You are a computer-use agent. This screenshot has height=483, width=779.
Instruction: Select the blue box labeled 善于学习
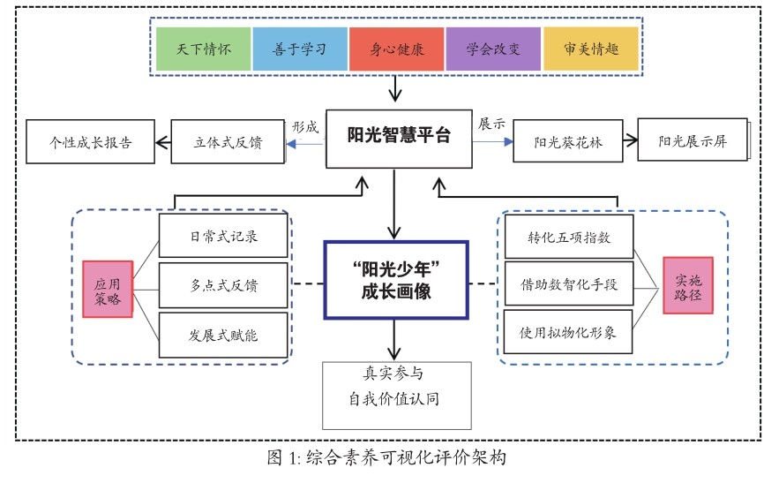click(300, 49)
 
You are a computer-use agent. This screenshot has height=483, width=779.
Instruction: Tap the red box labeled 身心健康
click(396, 49)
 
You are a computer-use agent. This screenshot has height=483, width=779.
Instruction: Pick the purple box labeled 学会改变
click(492, 49)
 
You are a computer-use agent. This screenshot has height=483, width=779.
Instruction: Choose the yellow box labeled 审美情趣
click(589, 49)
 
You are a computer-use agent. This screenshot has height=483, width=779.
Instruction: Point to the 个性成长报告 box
click(91, 142)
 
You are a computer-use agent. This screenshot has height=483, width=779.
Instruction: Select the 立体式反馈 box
click(228, 142)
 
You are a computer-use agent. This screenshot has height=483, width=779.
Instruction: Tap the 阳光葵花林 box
click(568, 142)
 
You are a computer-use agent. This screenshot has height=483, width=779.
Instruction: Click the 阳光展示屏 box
click(693, 140)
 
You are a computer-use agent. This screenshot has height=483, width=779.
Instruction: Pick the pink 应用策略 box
click(108, 288)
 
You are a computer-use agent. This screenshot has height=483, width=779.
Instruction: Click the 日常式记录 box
click(223, 238)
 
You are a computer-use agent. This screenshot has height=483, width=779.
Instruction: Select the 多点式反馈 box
click(223, 285)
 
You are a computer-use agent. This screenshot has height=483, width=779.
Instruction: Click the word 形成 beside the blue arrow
click(304, 125)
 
